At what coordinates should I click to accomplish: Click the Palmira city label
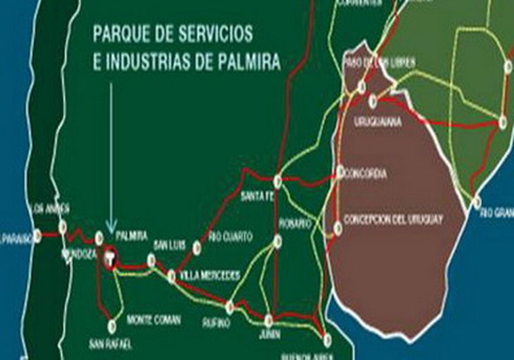click(132, 235)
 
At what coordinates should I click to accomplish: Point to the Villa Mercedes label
click(210, 275)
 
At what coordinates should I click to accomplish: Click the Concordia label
click(366, 174)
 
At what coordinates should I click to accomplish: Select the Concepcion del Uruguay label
click(393, 219)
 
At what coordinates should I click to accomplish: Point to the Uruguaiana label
click(378, 122)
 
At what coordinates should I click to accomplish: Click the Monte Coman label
click(154, 319)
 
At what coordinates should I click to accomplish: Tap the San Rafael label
click(110, 344)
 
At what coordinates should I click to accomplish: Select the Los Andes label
click(51, 208)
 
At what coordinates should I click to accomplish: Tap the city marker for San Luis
click(151, 258)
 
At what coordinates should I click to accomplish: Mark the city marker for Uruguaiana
click(373, 102)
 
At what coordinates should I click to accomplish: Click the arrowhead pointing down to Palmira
click(112, 226)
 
